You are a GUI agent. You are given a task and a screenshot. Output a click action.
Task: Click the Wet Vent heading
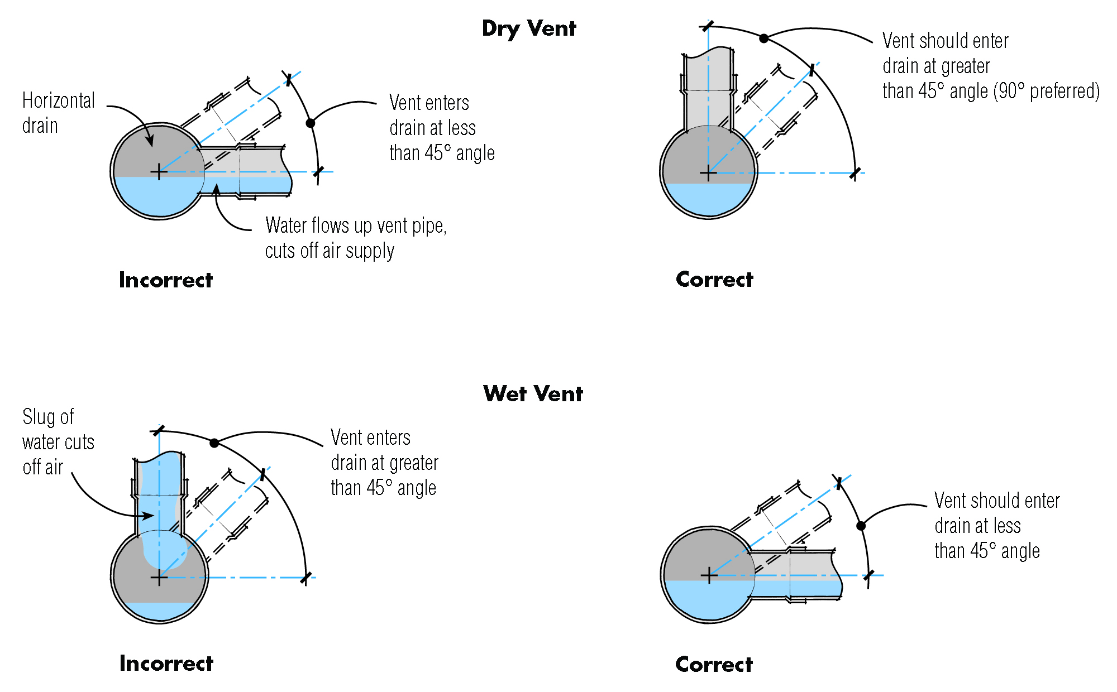coord(533,394)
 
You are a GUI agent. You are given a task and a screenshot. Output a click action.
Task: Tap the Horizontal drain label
coord(58,113)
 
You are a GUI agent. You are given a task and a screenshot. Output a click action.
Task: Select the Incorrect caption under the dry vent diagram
coord(166,280)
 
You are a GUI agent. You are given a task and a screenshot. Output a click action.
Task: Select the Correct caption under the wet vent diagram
coord(714,665)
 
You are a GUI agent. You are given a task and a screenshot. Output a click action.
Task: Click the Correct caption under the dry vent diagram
coord(714,280)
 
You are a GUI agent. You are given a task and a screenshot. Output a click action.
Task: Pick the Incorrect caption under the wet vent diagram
coord(166,664)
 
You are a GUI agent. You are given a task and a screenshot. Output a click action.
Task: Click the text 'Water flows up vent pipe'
coord(356,226)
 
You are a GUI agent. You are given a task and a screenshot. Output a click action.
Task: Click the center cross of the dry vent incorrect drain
coord(159,172)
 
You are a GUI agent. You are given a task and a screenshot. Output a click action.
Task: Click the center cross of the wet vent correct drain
coord(709,575)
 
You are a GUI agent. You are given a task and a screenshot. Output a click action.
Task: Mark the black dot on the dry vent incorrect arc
coord(311,123)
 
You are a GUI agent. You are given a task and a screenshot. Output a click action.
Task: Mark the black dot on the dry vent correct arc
coord(763,38)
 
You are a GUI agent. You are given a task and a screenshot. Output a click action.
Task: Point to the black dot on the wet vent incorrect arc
coord(214,443)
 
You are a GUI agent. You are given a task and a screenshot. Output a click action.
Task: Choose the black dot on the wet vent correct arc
coord(861,526)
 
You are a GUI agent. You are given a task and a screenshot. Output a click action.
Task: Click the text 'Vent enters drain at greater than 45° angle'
coord(384,463)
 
